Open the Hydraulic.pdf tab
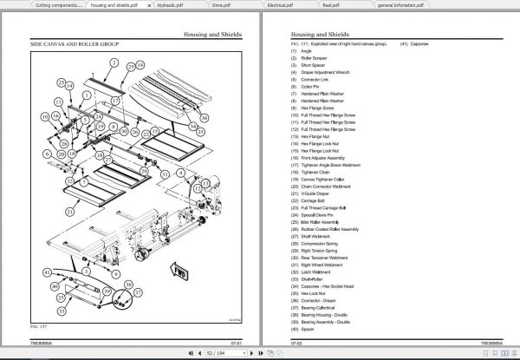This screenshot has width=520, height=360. coord(178,5)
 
